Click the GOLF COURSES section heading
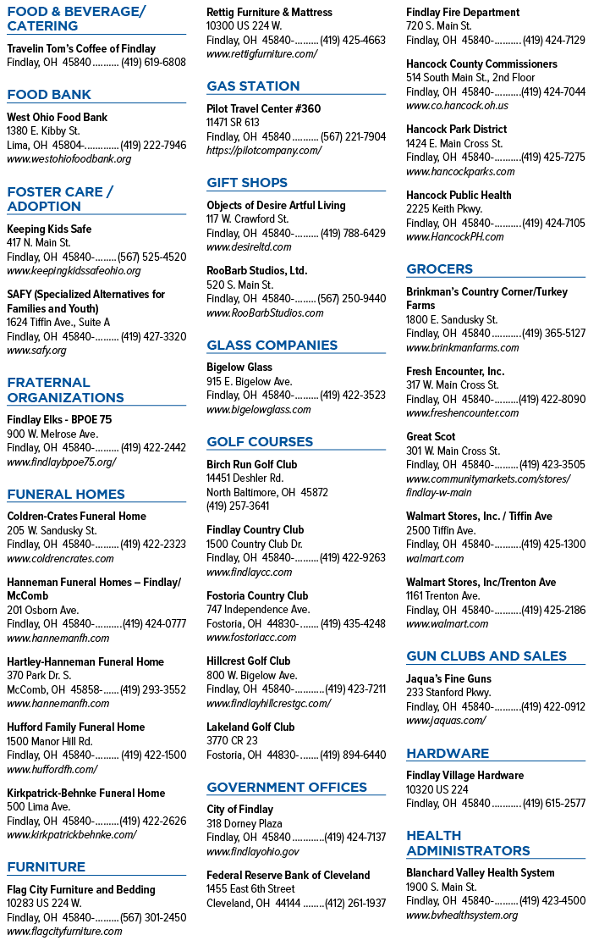pos(260,441)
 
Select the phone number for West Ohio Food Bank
pos(153,145)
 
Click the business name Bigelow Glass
pos(239,367)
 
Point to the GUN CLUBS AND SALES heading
pos(486,656)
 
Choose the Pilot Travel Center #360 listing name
pos(263,108)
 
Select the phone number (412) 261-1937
pos(355,903)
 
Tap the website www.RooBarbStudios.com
pos(265,313)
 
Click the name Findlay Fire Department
pos(463,12)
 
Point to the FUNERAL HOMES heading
pos(66,494)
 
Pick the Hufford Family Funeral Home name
pos(76,727)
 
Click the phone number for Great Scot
pos(552,465)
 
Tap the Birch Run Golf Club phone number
pos(238,506)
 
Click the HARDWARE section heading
pos(448,753)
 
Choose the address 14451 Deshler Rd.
pos(245,479)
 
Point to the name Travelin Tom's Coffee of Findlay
pos(81,49)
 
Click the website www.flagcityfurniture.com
pos(64,932)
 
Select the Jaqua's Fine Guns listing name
pos(448,678)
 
